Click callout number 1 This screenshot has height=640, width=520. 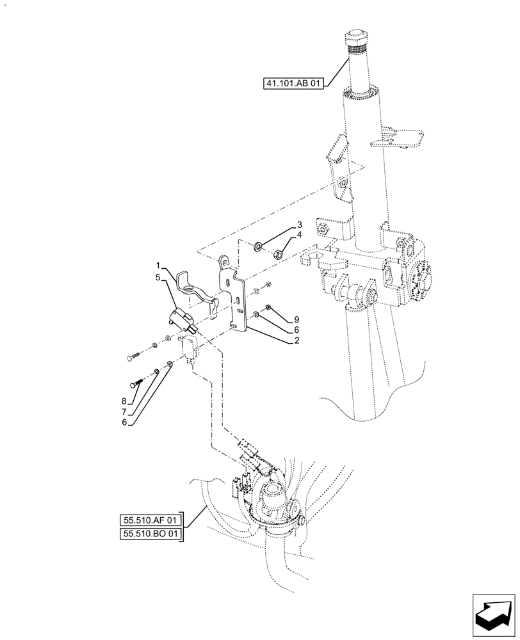(x=157, y=264)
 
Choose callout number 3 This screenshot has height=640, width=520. (x=298, y=225)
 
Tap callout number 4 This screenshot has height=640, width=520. (x=298, y=235)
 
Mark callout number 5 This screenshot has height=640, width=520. (x=157, y=277)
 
